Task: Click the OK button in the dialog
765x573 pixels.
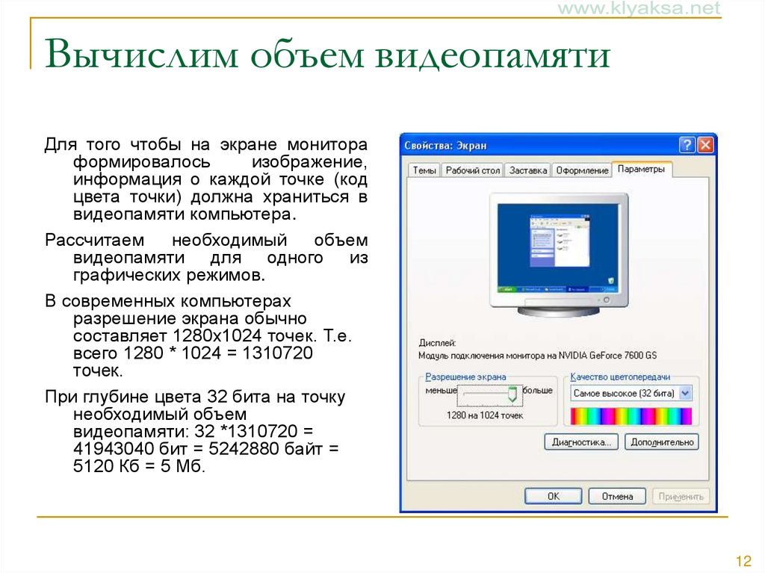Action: click(x=553, y=496)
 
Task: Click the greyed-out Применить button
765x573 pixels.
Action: click(x=681, y=496)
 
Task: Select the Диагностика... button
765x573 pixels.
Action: click(x=581, y=442)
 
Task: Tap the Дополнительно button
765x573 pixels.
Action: click(x=661, y=442)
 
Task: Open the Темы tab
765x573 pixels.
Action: click(x=424, y=170)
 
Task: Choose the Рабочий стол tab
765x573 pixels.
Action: click(x=472, y=170)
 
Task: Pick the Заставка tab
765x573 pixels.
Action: click(x=528, y=170)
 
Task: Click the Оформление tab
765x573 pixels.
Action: click(x=582, y=170)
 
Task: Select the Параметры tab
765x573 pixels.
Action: click(x=641, y=169)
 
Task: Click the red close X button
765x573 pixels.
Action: click(x=706, y=145)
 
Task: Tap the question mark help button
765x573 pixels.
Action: click(x=687, y=145)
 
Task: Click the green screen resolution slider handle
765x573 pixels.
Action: click(x=512, y=393)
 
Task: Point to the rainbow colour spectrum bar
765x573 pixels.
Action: click(x=631, y=416)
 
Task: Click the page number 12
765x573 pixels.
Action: click(x=743, y=561)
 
